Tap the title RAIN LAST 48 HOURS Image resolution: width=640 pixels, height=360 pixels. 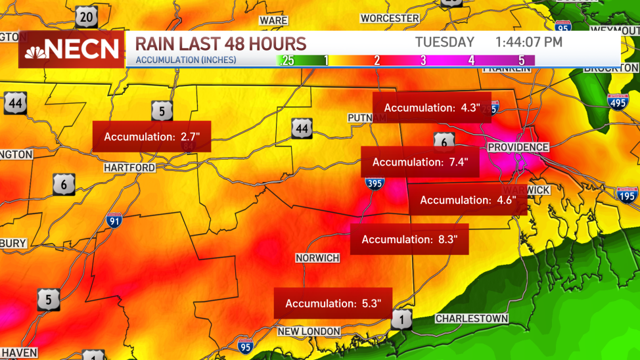[221, 44]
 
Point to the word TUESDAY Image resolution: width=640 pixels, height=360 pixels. [444, 42]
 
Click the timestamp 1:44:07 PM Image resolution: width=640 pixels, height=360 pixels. [529, 42]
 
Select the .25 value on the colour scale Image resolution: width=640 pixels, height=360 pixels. [286, 60]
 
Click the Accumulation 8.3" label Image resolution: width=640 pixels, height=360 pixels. [409, 239]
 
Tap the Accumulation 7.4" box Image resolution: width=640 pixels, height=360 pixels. [420, 162]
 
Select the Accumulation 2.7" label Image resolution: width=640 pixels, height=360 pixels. [152, 137]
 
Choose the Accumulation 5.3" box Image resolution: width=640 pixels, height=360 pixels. [332, 304]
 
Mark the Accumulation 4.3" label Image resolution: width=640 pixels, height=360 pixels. [432, 107]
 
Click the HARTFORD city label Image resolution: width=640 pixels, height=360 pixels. [129, 168]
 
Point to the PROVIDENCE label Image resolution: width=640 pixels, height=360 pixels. [518, 147]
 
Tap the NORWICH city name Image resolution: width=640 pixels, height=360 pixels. [317, 258]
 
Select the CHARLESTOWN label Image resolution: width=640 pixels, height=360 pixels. [472, 319]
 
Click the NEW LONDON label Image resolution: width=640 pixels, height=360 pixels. [309, 332]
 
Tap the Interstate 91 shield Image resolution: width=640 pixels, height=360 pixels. [113, 221]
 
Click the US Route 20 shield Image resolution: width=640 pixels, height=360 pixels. [86, 16]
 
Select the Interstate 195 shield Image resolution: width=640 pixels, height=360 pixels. [627, 194]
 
